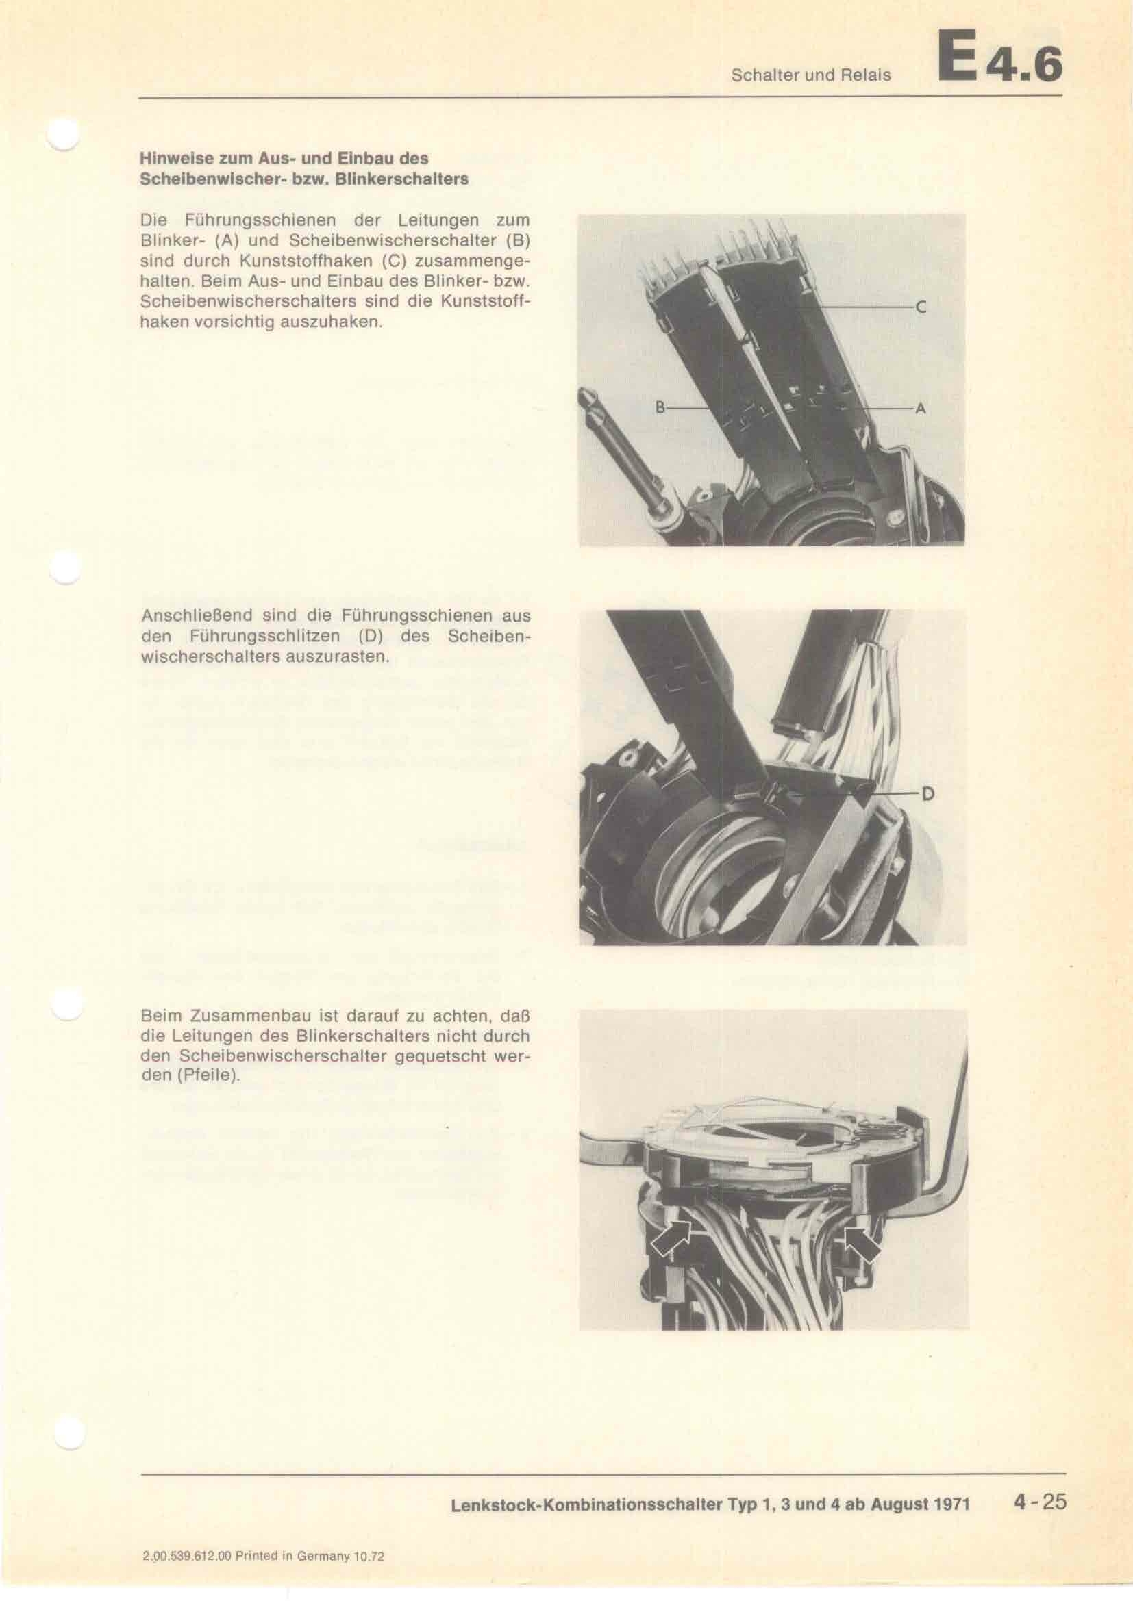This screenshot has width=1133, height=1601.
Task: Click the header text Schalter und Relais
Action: (x=810, y=75)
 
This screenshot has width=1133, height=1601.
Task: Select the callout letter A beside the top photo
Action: (x=920, y=409)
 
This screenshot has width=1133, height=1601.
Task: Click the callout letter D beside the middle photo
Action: (x=928, y=793)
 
